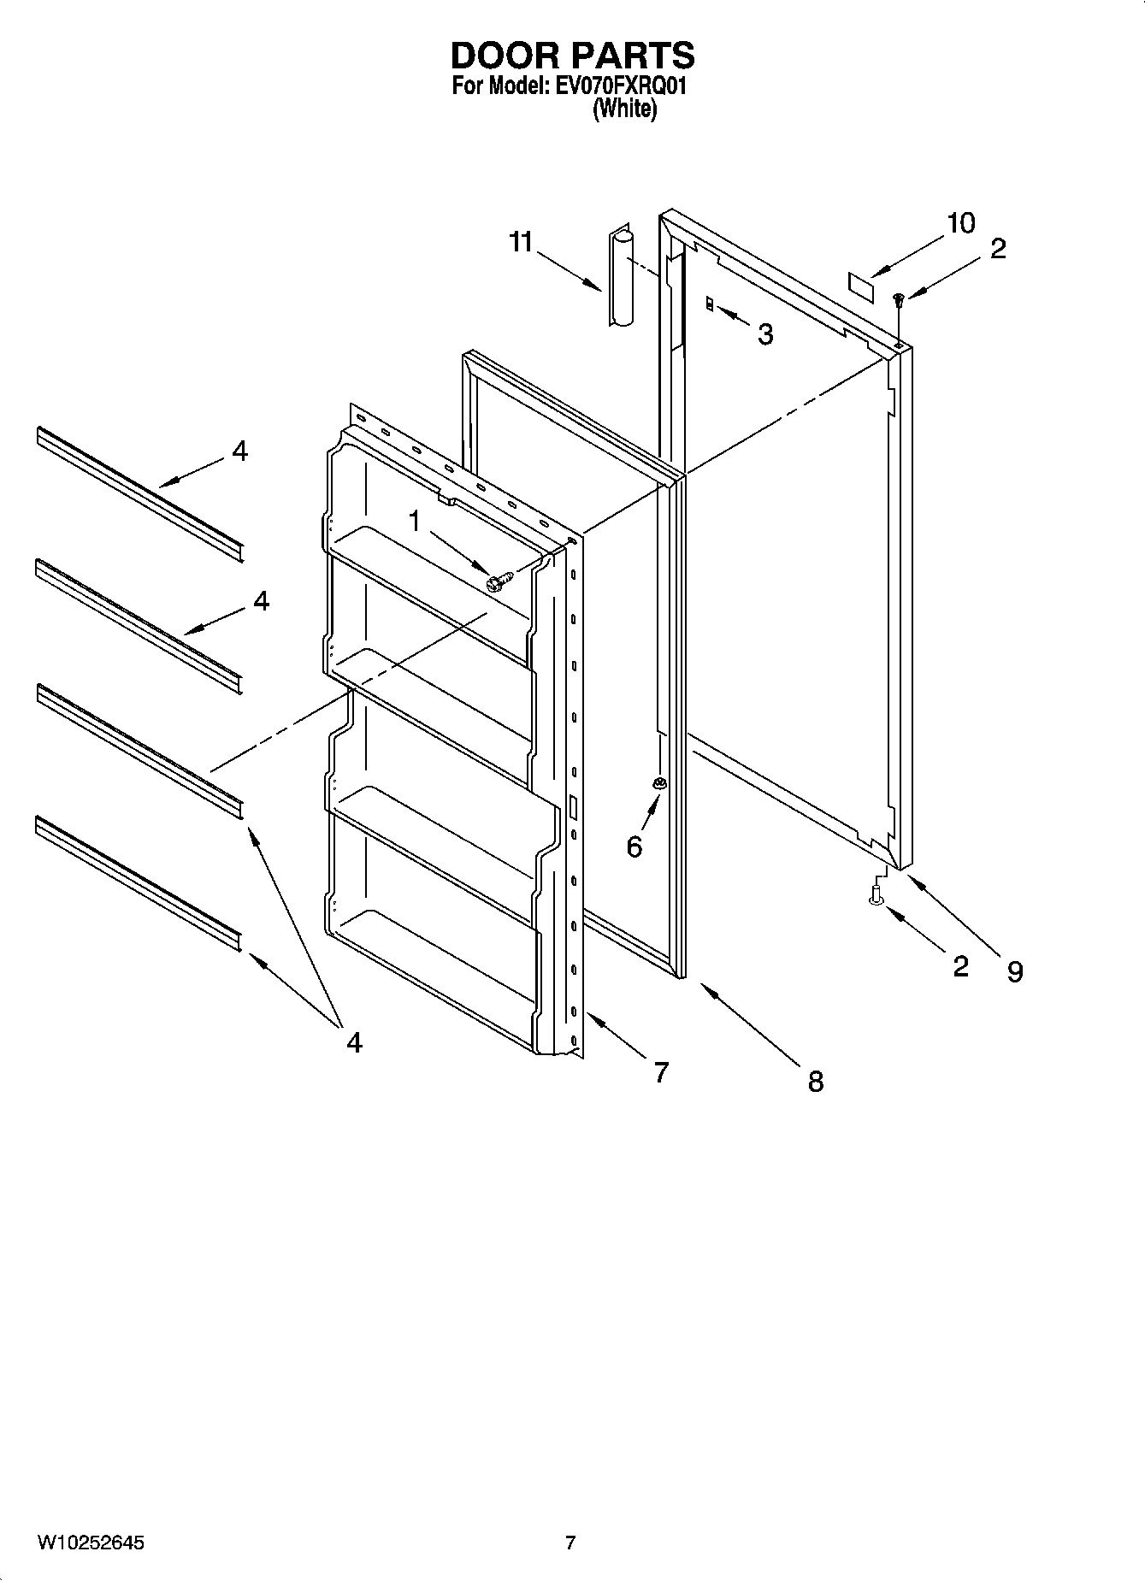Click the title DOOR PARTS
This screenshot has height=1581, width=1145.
coord(572,56)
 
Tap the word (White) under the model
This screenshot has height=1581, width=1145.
coord(625,109)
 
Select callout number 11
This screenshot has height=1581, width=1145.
coord(521,243)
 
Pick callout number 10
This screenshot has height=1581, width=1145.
coord(960,223)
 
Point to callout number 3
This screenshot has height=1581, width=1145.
coord(765,334)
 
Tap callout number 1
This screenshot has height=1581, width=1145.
coord(415,521)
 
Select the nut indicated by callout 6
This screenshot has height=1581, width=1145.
coord(659,783)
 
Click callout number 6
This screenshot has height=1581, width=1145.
coord(634,847)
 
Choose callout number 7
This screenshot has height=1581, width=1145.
coord(661,1071)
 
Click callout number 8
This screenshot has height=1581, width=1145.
coord(816,1082)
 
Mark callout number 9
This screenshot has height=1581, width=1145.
coord(1014,971)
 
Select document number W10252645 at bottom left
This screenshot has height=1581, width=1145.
coord(91,1543)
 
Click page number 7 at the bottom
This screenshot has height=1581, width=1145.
coord(570,1543)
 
